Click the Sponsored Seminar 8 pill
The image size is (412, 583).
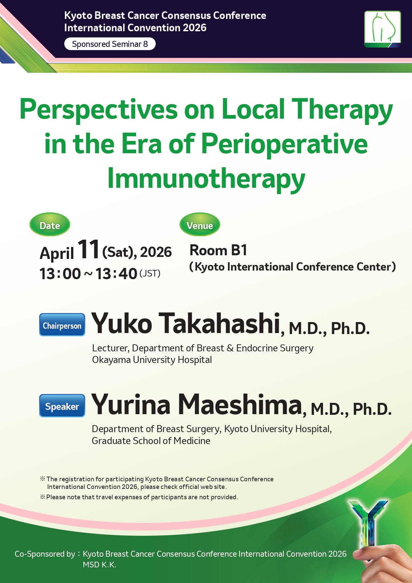point(110,44)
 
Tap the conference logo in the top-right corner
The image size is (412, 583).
point(382,29)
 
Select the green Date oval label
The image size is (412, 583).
point(50,225)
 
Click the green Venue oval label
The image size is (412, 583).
point(200,225)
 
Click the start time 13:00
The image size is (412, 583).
point(60,274)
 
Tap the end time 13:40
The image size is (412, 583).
point(117,274)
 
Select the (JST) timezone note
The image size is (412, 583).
point(150,274)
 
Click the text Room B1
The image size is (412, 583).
point(218,250)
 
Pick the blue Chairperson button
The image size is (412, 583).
point(62,325)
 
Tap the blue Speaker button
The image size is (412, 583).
point(62,406)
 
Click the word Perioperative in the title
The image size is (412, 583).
point(285,144)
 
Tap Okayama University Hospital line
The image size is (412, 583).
point(152,360)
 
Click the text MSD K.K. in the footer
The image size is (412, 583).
point(100,565)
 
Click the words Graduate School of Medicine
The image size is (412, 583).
point(151,441)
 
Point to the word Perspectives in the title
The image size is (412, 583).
point(99,110)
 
